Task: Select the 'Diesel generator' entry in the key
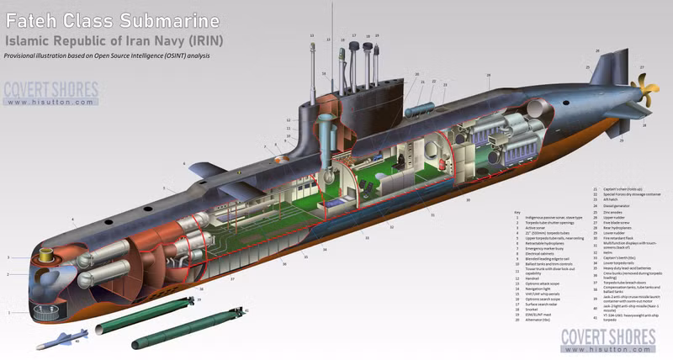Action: click(616, 203)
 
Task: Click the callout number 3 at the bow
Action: click(8, 257)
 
